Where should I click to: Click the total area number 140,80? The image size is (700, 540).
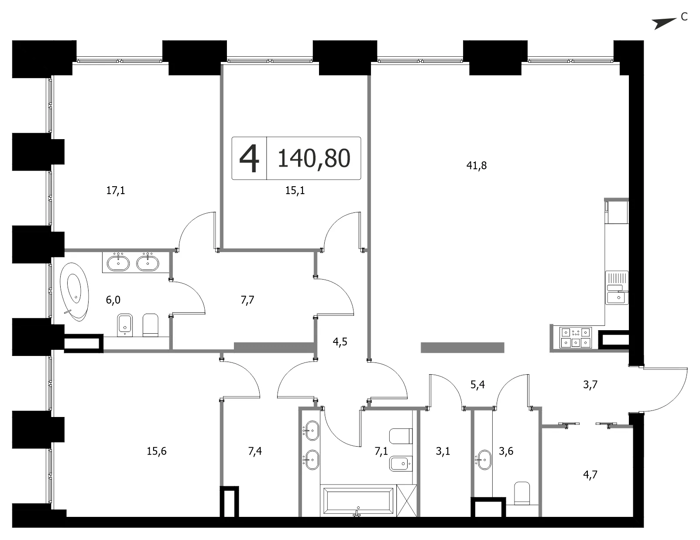pyautogui.click(x=314, y=158)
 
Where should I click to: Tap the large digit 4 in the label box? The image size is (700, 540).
pyautogui.click(x=249, y=158)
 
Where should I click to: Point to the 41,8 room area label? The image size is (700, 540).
pyautogui.click(x=477, y=166)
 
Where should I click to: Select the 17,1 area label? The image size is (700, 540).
pyautogui.click(x=115, y=191)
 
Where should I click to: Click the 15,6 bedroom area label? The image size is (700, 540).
pyautogui.click(x=157, y=451)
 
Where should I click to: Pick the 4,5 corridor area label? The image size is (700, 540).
pyautogui.click(x=340, y=342)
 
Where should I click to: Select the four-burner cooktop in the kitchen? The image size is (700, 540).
pyautogui.click(x=576, y=337)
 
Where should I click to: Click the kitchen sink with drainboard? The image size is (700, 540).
pyautogui.click(x=617, y=288)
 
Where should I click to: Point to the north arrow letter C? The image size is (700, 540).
pyautogui.click(x=684, y=17)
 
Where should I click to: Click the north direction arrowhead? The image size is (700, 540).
pyautogui.click(x=664, y=24)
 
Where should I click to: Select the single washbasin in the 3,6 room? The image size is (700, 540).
pyautogui.click(x=484, y=460)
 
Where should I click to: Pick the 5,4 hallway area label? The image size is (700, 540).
pyautogui.click(x=477, y=385)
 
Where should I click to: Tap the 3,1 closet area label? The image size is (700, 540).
pyautogui.click(x=443, y=451)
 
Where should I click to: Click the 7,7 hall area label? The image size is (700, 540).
pyautogui.click(x=247, y=300)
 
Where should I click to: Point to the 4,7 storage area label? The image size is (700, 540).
pyautogui.click(x=590, y=475)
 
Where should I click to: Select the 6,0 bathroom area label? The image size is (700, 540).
pyautogui.click(x=113, y=300)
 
